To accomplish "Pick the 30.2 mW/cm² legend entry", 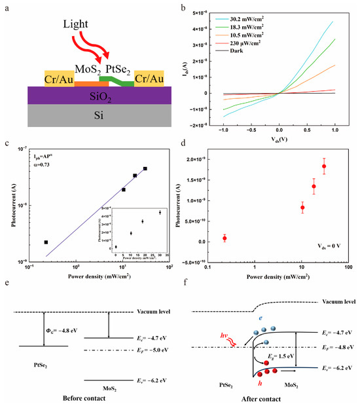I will (251, 20).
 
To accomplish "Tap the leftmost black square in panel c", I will (46, 242).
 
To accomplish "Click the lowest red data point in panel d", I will (225, 238).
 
